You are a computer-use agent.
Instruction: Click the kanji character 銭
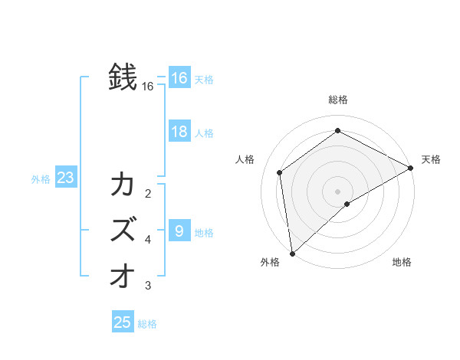tap(123, 77)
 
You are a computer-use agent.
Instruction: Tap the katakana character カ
tap(123, 185)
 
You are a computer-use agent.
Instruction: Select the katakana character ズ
tap(123, 229)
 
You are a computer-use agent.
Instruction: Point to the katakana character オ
tap(123, 276)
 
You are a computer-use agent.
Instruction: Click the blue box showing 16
tap(179, 78)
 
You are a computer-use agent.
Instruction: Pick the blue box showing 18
tap(179, 132)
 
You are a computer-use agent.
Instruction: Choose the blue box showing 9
tap(179, 231)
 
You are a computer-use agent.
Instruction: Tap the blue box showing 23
tap(66, 178)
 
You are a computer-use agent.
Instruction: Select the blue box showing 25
tap(123, 322)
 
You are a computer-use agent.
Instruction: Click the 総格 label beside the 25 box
tap(147, 324)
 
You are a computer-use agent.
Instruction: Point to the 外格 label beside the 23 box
tap(41, 180)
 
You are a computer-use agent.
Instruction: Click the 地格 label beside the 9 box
tap(204, 233)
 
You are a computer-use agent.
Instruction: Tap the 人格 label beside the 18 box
tap(204, 133)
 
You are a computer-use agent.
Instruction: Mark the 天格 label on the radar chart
tap(431, 159)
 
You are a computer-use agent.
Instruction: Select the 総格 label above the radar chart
tap(338, 100)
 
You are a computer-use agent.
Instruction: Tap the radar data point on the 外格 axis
tap(292, 253)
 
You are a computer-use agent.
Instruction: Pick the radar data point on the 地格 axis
tap(347, 204)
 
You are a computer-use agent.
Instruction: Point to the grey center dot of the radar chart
tap(337, 191)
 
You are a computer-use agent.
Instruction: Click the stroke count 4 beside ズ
tap(148, 240)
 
